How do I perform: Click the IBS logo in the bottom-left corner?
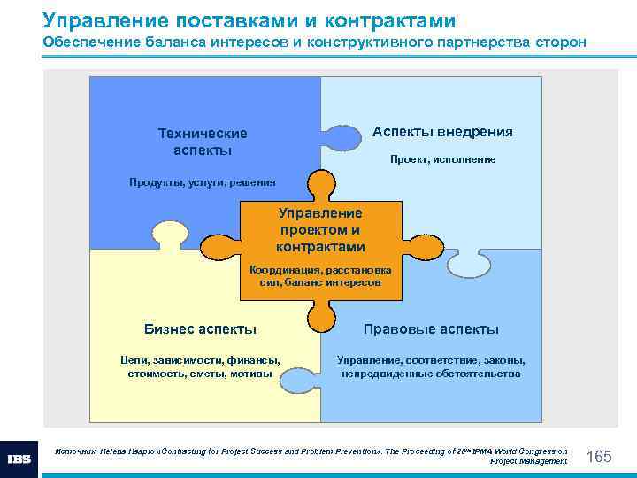point(19,459)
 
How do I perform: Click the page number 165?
point(599,456)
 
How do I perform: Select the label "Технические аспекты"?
point(203,142)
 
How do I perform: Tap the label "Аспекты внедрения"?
point(442,132)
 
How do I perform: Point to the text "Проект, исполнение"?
point(442,159)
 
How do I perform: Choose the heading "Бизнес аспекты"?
point(200,329)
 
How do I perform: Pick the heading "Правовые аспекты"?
point(431,329)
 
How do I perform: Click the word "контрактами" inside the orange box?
point(320,247)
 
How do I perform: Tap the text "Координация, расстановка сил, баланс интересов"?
point(320,275)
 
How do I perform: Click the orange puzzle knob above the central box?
point(321,184)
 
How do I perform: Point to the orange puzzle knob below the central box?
point(321,314)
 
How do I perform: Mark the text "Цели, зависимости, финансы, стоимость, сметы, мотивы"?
point(200,366)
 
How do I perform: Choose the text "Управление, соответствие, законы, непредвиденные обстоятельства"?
point(431,366)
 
